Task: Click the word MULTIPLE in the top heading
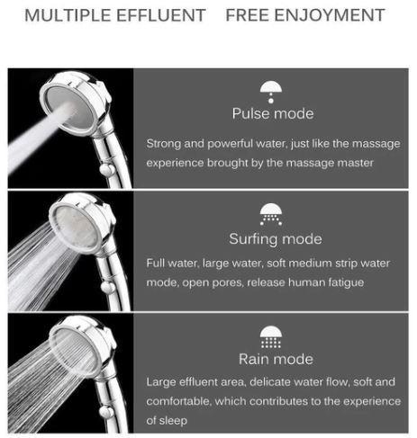point(68,15)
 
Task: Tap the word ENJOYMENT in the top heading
point(330,15)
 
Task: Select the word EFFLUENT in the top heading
point(161,15)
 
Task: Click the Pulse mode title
point(273,113)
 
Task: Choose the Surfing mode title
point(276,239)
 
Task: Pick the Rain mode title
point(276,359)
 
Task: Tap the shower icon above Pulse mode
point(271,92)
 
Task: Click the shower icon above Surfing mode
point(271,214)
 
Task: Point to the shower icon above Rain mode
point(271,337)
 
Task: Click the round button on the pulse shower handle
point(106,170)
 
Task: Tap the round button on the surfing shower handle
point(107,287)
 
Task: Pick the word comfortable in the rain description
point(178,401)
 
